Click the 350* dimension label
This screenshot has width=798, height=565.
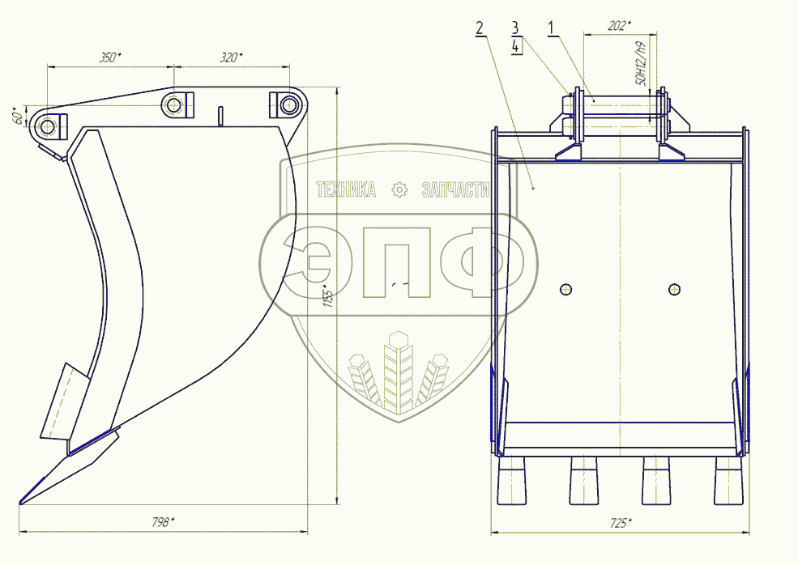[x=110, y=57]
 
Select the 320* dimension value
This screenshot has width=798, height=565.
[x=231, y=57]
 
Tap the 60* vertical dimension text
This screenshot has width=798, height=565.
[x=18, y=116]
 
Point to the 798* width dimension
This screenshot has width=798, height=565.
[x=162, y=522]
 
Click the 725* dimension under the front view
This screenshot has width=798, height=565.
[x=621, y=523]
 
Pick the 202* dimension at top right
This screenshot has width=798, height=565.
[x=620, y=25]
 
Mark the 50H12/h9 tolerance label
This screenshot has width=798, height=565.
[x=640, y=64]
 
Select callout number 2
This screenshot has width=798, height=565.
[x=480, y=28]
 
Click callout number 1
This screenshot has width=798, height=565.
[x=551, y=28]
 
